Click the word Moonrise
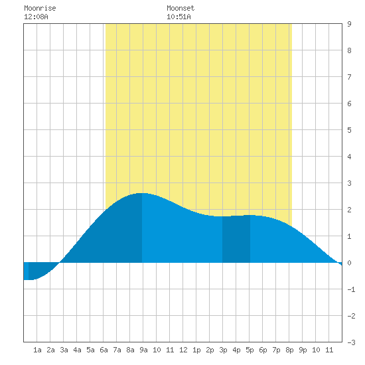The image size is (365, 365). [40, 8]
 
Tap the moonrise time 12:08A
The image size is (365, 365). [36, 17]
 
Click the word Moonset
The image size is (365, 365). [181, 8]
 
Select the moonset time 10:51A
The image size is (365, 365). [179, 17]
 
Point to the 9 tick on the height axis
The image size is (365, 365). [349, 24]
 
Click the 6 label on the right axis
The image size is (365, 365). [349, 104]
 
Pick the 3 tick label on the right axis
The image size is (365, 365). [349, 183]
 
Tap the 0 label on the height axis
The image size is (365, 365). [349, 263]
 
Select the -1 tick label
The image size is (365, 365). [351, 289]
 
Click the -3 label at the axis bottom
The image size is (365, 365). [351, 342]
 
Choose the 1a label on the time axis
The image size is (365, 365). [37, 350]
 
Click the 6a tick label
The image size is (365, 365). [104, 350]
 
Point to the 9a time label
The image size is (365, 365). [143, 350]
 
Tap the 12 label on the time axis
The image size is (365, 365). [183, 350]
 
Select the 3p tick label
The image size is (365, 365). [223, 350]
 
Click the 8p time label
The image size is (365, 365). [289, 350]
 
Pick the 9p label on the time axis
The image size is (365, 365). [303, 350]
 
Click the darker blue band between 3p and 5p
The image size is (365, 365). [236, 240]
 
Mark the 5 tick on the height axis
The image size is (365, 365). [349, 130]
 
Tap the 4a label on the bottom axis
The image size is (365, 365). [77, 350]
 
